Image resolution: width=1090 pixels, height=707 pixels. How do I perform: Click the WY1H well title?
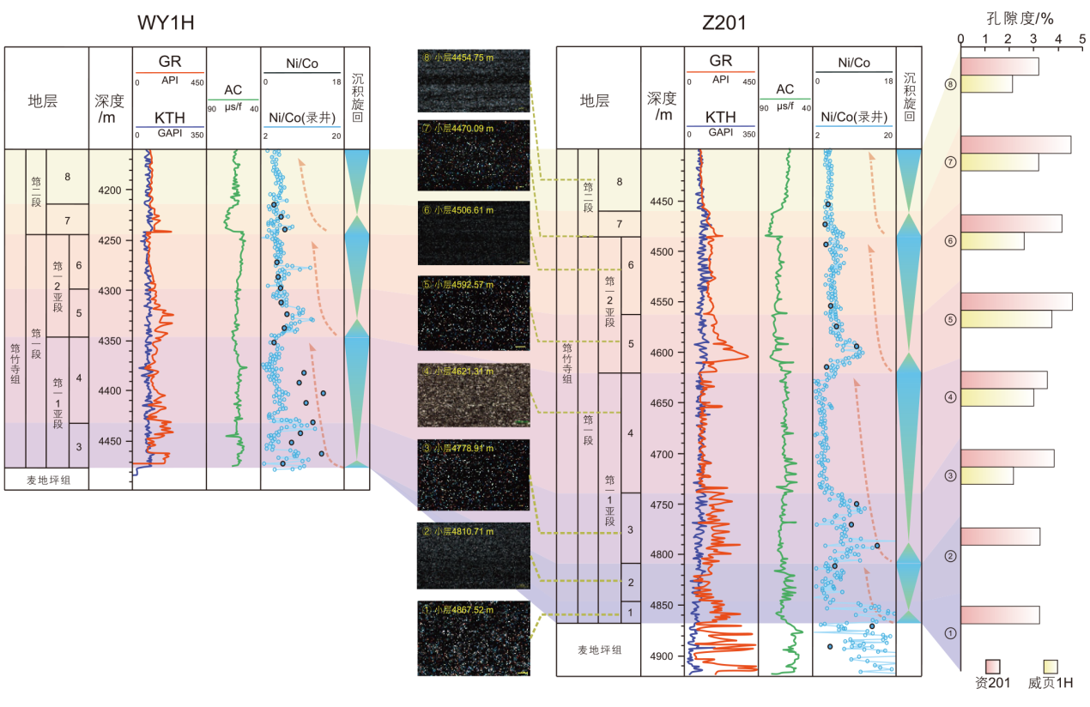point(166,23)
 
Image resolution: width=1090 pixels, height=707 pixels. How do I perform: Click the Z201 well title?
point(724,23)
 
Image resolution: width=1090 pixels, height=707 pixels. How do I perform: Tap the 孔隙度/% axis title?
point(1020,16)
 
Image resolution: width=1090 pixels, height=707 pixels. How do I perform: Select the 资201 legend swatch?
point(993,667)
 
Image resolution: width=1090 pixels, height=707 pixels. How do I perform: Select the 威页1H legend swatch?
point(1051,667)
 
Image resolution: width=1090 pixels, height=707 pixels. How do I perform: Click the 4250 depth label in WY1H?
point(110,241)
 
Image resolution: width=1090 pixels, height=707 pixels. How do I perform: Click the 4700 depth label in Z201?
point(663,454)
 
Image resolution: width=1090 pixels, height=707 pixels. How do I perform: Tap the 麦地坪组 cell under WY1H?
point(46,480)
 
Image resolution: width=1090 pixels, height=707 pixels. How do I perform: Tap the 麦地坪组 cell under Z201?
point(599,650)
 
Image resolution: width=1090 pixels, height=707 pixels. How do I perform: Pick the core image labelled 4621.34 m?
point(473,396)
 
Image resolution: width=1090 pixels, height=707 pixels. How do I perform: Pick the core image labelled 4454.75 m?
point(473,81)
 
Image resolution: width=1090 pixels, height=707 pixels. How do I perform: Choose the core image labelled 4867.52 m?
point(473,638)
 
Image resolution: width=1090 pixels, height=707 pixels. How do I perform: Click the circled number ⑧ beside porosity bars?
point(949,85)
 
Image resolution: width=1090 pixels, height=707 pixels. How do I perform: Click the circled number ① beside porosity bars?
point(949,633)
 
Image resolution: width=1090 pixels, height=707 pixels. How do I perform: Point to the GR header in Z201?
point(721,61)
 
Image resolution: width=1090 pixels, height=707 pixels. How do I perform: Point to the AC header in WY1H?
point(233,90)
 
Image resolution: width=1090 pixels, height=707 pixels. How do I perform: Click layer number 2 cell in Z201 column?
point(630,583)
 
